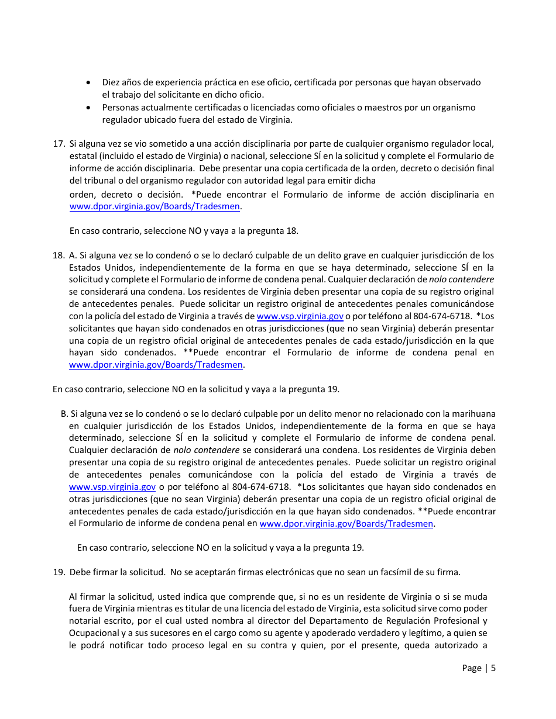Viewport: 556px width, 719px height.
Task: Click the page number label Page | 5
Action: [478, 668]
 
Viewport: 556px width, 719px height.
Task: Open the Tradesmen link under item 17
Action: [155, 206]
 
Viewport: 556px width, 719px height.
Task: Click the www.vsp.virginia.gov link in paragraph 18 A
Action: [300, 316]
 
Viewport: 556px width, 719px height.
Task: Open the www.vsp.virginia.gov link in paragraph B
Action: [112, 487]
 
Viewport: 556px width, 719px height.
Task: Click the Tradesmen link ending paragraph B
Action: [346, 524]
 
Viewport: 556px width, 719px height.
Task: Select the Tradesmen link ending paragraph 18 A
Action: [155, 365]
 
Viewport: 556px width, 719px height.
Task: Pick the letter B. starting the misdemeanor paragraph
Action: [64, 414]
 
